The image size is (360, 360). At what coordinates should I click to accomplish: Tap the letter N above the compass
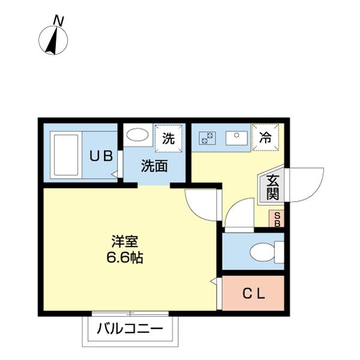pos(58,20)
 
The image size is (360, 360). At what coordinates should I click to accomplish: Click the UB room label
pos(101,156)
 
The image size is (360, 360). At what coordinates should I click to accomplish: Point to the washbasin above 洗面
pos(139,134)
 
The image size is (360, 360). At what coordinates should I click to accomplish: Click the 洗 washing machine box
pos(169,139)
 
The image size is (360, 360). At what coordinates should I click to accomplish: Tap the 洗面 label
pos(154,167)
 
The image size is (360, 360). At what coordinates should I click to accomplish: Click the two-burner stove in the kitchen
pos(208,137)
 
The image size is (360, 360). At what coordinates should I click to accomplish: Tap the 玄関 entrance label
pos(272,187)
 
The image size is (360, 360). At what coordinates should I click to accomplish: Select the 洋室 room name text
pos(125,243)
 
